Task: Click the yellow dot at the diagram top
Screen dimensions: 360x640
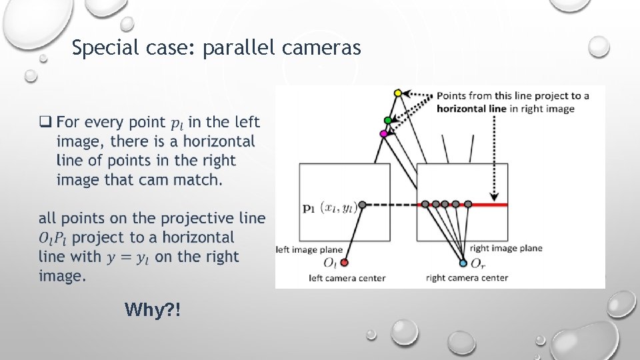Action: [x=398, y=93]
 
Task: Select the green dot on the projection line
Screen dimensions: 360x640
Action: [x=388, y=120]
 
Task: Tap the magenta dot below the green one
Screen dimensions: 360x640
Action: [x=383, y=134]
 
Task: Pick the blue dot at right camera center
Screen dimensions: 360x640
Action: [x=463, y=263]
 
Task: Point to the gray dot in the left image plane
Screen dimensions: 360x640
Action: [x=362, y=204]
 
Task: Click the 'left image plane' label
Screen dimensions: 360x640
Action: [x=307, y=249]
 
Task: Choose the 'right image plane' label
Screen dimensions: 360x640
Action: [x=506, y=249]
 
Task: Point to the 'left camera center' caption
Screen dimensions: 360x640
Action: [x=347, y=278]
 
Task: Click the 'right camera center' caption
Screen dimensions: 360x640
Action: [x=467, y=278]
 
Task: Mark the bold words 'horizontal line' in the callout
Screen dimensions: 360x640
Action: [x=471, y=109]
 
